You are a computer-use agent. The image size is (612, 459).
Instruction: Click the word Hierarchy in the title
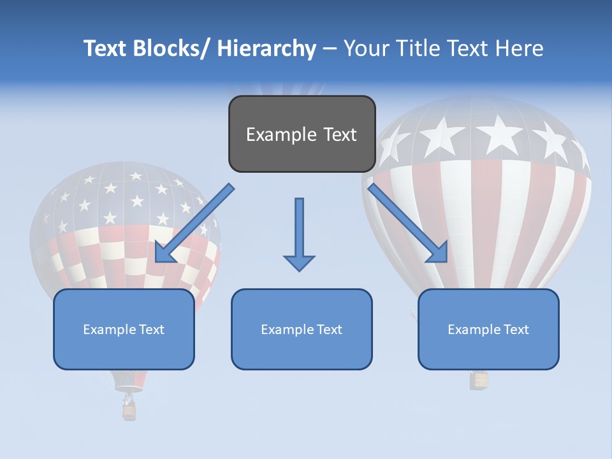click(266, 48)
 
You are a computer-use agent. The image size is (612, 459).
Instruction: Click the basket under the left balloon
click(129, 411)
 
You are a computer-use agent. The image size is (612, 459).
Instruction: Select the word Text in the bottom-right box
click(516, 330)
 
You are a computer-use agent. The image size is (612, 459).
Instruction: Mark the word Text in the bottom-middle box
click(329, 330)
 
